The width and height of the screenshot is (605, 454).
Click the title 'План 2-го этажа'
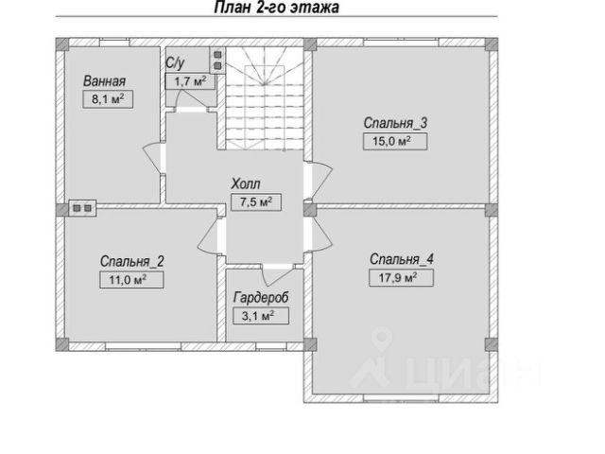point(276,8)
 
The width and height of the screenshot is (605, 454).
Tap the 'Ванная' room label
point(105,81)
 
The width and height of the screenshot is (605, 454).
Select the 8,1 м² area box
point(108,99)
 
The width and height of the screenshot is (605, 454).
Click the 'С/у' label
point(175,63)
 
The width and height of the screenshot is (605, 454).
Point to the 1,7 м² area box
point(190,81)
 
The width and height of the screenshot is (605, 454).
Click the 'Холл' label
point(246,183)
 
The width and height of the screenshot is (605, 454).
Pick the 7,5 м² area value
point(256,201)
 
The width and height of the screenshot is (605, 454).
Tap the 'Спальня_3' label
point(395,123)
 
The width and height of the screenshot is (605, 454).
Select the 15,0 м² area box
point(395,141)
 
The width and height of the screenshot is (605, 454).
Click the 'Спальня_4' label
point(402,259)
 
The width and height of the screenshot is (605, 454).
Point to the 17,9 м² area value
point(401,277)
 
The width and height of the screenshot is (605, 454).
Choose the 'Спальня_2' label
point(132,261)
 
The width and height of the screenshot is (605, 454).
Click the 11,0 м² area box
point(131,280)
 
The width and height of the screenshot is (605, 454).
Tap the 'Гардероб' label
point(261,298)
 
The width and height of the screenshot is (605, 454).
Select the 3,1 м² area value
point(261,316)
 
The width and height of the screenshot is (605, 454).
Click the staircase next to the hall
point(265,98)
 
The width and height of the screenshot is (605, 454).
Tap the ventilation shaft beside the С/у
point(217,60)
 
